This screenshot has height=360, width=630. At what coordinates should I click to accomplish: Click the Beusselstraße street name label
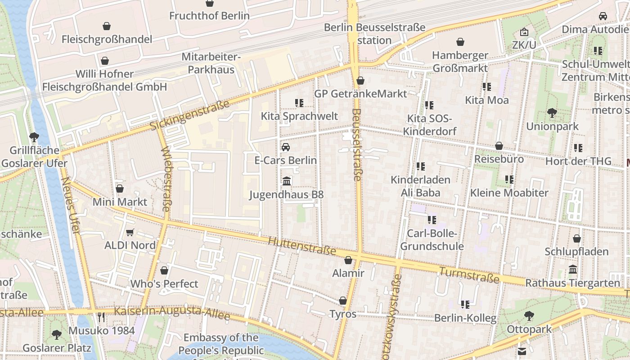[x=356, y=144]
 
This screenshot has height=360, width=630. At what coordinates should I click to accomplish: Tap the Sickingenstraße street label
[x=189, y=115]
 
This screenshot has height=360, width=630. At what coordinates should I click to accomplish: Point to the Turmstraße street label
[x=469, y=275]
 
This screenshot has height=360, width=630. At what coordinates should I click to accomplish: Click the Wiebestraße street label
[x=165, y=179]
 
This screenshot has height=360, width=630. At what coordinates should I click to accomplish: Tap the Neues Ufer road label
[x=71, y=206]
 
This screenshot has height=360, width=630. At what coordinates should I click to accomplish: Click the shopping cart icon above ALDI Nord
[x=130, y=233]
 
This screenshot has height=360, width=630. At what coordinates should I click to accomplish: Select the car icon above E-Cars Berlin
[x=286, y=147]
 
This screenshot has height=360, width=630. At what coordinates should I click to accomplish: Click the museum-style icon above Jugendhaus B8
[x=287, y=181]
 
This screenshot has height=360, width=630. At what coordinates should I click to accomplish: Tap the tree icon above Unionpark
[x=552, y=113]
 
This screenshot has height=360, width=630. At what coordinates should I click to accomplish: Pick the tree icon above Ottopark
[x=529, y=316]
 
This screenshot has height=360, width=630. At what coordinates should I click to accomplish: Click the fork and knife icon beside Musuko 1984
[x=101, y=318]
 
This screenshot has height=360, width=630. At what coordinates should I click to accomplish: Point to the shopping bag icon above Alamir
[x=348, y=260]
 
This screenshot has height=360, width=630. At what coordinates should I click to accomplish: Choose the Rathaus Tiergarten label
[x=572, y=283]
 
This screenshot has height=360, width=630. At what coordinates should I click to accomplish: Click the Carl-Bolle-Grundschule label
[x=432, y=240]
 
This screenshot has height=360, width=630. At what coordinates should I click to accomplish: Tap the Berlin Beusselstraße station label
[x=375, y=34]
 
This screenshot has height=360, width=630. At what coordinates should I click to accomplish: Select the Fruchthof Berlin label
[x=209, y=16]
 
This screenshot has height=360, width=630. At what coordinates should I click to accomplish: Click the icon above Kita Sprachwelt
[x=299, y=103]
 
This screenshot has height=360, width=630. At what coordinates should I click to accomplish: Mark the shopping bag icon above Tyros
[x=343, y=301]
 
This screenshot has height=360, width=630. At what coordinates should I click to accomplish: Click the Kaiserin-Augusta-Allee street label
[x=172, y=313]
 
